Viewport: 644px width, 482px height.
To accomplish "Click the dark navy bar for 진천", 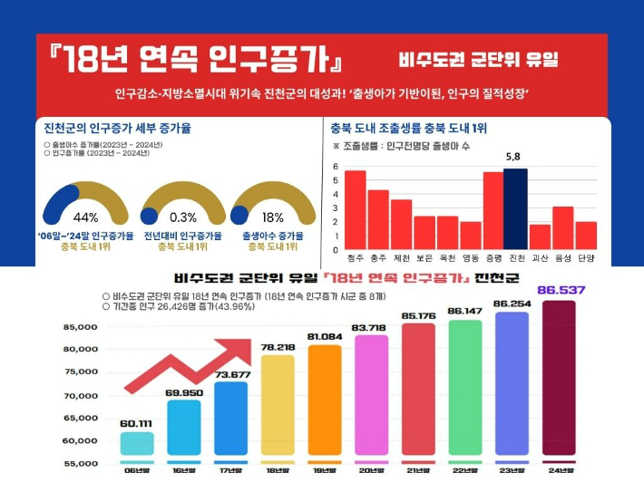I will point(515,209).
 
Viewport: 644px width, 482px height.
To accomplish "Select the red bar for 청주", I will point(355,210).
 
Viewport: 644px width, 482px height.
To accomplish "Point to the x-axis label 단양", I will point(586,258).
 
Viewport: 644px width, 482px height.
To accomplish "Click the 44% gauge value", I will point(85,217).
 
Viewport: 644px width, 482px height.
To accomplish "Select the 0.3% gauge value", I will point(183,217).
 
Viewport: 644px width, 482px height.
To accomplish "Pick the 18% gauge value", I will point(273,217).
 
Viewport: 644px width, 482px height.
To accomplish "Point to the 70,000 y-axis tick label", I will point(80,396).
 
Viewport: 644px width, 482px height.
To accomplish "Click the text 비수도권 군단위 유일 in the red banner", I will point(478,62).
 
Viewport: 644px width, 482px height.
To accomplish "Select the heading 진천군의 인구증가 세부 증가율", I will point(117,128).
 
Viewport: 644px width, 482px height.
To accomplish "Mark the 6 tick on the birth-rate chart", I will point(335,168).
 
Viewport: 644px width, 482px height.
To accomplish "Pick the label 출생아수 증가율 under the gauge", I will point(273,236).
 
